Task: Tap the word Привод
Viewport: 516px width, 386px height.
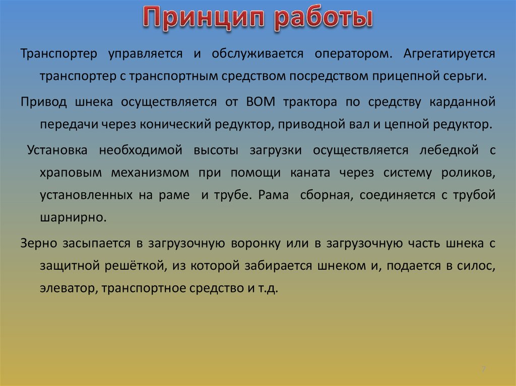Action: tap(44, 102)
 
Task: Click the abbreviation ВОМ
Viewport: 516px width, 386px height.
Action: tap(260, 102)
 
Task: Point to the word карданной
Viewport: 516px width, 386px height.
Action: tap(463, 102)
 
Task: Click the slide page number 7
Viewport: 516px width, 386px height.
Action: tap(483, 369)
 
